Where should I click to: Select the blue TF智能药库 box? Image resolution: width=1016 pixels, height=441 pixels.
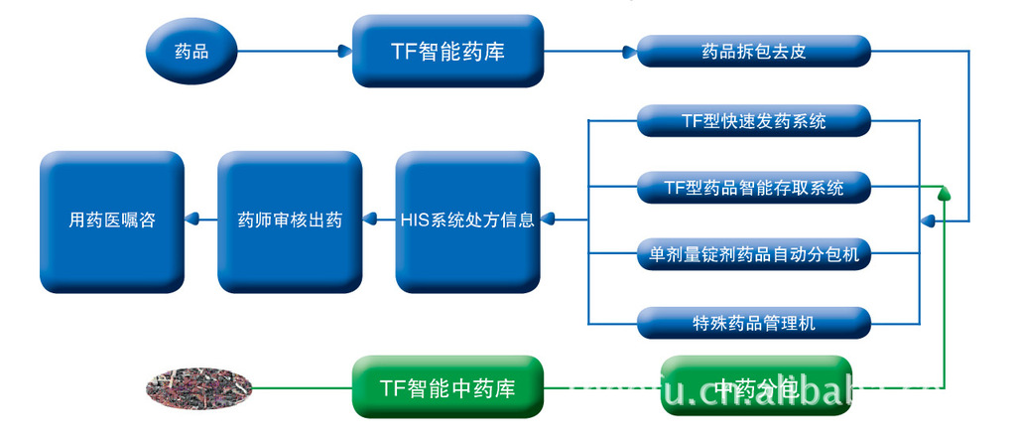click(x=447, y=51)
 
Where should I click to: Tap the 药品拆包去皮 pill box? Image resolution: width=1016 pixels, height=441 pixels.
click(x=753, y=52)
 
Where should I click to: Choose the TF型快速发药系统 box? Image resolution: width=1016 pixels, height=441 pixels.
click(x=753, y=121)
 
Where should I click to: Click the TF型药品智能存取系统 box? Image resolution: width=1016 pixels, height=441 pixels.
click(x=753, y=187)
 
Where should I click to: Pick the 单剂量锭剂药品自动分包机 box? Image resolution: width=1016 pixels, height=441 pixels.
click(x=753, y=254)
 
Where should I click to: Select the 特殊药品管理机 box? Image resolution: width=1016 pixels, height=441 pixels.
click(x=753, y=322)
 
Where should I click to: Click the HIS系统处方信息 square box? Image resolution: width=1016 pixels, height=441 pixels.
click(x=467, y=220)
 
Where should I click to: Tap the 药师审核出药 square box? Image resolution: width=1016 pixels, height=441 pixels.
click(x=290, y=220)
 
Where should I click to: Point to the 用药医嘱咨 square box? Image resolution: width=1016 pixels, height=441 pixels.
click(x=112, y=220)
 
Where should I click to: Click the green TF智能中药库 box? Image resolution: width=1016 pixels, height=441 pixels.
click(x=447, y=386)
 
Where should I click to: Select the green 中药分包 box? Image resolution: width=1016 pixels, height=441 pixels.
click(x=756, y=386)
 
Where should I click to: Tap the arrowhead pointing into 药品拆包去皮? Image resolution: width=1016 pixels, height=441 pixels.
click(x=628, y=52)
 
